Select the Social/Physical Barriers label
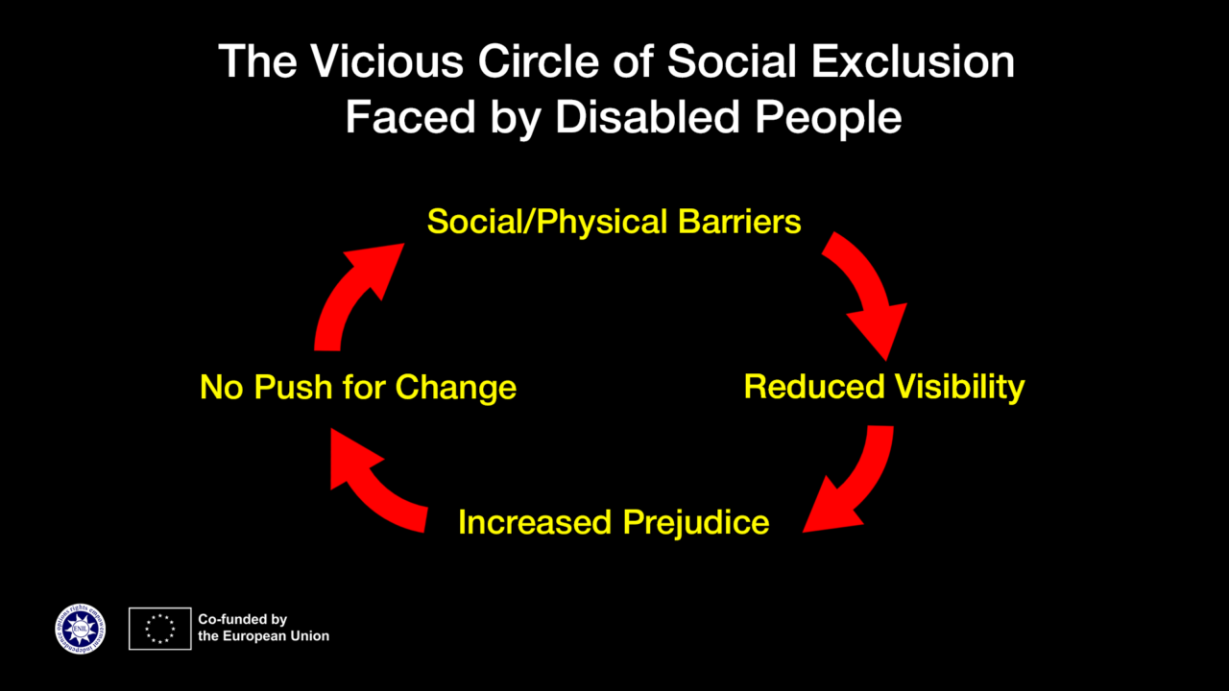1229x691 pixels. [614, 222]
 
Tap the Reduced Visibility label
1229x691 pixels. [883, 387]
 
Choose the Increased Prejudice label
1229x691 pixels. [614, 522]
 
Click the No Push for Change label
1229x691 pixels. [358, 388]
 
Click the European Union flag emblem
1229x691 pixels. [160, 629]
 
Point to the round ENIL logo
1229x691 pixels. [81, 629]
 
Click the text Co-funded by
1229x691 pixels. [242, 620]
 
